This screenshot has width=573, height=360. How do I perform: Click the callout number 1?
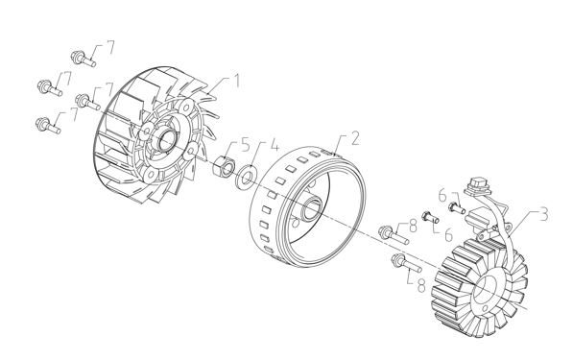[x=236, y=82]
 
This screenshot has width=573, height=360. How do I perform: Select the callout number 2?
[x=354, y=138]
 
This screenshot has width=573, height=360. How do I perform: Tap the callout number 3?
[x=544, y=214]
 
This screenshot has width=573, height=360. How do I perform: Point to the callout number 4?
[x=275, y=144]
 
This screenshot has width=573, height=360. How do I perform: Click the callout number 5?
[x=245, y=144]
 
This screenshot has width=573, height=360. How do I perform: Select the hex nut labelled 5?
[x=223, y=166]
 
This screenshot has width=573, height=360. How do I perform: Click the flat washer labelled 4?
[x=246, y=178]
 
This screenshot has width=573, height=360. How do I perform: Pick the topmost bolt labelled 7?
[x=84, y=59]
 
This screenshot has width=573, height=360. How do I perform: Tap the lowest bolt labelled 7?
[x=48, y=126]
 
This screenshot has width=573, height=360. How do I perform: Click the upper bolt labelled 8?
[x=394, y=234]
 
